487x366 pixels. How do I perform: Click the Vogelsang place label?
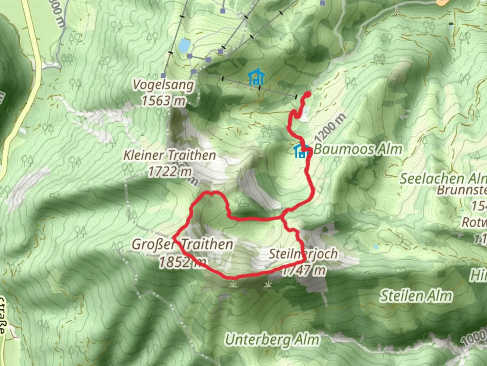click(163, 85)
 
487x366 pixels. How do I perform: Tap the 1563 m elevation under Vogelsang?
click(163, 101)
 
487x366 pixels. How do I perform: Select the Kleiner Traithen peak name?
click(169, 155)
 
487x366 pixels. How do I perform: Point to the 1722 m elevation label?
click(170, 172)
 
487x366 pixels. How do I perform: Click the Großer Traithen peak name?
click(182, 244)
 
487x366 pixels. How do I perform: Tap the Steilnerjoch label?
click(303, 254)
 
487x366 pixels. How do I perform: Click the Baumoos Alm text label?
click(358, 149)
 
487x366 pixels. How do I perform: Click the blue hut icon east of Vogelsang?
click(256, 77)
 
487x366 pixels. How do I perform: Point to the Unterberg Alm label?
click(272, 340)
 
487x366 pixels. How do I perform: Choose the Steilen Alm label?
click(416, 296)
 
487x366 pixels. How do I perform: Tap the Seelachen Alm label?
click(443, 178)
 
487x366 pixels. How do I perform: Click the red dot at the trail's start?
click(308, 94)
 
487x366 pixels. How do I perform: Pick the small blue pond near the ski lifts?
click(184, 45)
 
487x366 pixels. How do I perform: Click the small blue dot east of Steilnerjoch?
click(376, 247)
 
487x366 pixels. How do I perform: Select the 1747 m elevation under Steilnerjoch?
click(304, 270)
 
